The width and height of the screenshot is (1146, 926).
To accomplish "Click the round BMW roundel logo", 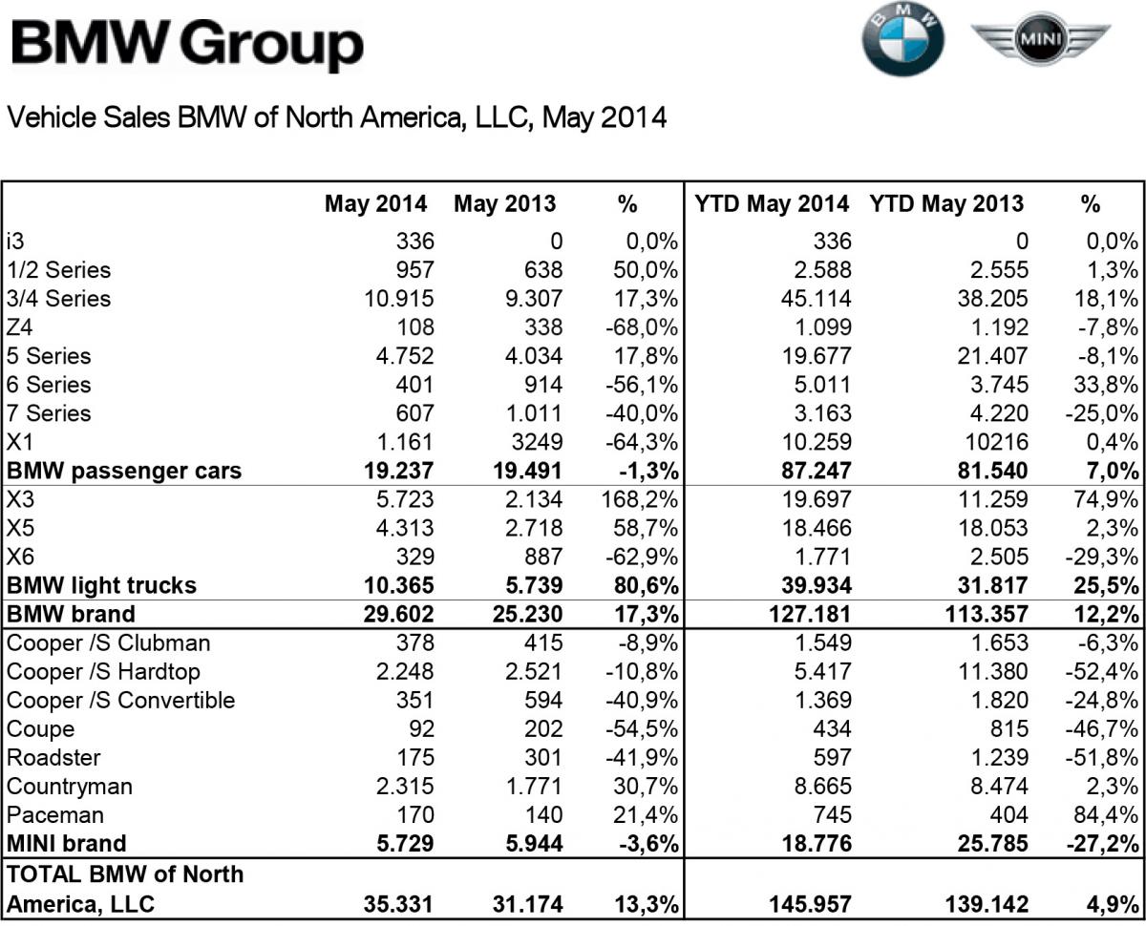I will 902,41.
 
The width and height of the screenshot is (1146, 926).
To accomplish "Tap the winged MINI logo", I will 1040,40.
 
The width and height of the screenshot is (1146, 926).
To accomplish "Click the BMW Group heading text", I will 187,45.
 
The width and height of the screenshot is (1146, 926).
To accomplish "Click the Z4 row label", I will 21,327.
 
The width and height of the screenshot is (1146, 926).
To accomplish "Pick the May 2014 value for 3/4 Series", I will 398,299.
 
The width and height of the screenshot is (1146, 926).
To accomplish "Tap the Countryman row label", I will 70,787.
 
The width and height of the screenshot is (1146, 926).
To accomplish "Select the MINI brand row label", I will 66,844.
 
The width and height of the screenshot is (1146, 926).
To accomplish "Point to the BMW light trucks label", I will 101,585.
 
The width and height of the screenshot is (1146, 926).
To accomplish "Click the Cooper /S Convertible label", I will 120,701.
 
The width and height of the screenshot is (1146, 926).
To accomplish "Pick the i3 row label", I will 17,242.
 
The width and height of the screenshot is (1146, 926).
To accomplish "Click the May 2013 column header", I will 504,203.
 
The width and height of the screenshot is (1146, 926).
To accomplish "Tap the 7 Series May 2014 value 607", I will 412,413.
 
